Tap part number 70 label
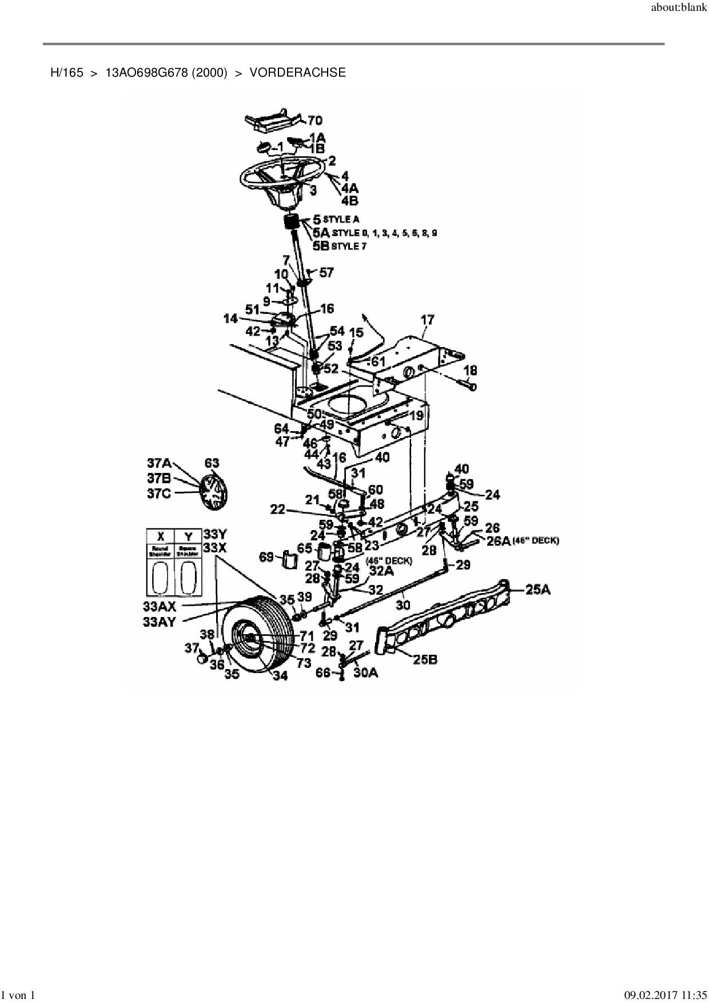pyautogui.click(x=315, y=120)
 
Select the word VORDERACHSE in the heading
pyautogui.click(x=297, y=73)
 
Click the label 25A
pyautogui.click(x=537, y=590)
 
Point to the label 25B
pyautogui.click(x=425, y=659)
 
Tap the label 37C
pyautogui.click(x=159, y=494)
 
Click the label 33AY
pyautogui.click(x=159, y=622)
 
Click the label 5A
pyautogui.click(x=321, y=233)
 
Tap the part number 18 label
pyautogui.click(x=470, y=372)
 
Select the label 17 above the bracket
pyautogui.click(x=428, y=320)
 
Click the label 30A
pyautogui.click(x=365, y=673)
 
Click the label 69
pyautogui.click(x=266, y=556)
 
